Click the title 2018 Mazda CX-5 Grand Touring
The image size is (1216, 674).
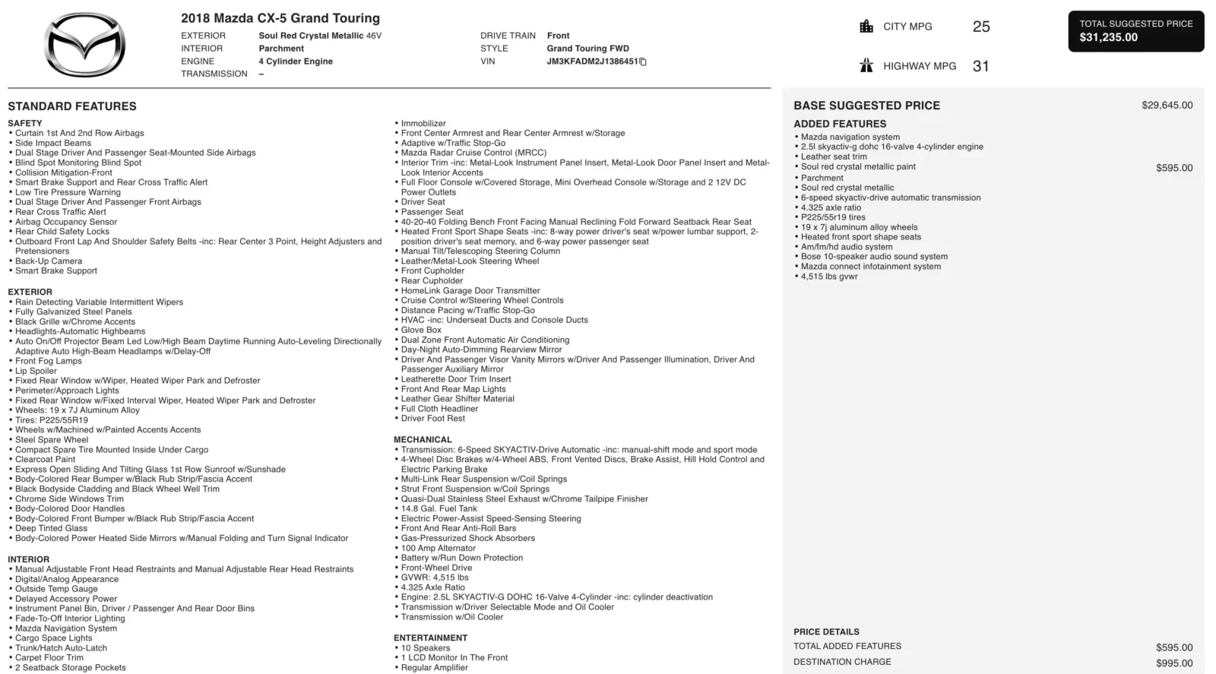(280, 18)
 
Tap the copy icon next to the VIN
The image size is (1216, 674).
(643, 62)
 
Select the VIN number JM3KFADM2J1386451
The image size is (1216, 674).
(592, 62)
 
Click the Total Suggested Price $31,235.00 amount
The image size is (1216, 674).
(1109, 37)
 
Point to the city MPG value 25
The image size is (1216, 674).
(981, 27)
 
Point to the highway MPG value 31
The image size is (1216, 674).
(981, 66)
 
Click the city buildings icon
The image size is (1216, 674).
(866, 27)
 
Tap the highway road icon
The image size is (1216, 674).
(866, 66)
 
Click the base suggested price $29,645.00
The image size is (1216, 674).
(1167, 106)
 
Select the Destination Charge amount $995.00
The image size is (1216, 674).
(1174, 663)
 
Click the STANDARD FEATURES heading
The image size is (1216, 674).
(72, 106)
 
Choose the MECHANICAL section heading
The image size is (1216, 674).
(423, 439)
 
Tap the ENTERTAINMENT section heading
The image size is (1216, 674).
(430, 638)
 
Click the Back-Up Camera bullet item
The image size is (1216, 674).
(49, 261)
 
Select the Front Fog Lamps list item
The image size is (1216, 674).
(49, 361)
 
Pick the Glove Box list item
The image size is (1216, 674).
(421, 330)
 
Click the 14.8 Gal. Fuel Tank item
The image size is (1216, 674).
(439, 508)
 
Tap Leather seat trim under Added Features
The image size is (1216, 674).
(834, 157)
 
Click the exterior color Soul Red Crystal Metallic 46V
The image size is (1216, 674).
(320, 36)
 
